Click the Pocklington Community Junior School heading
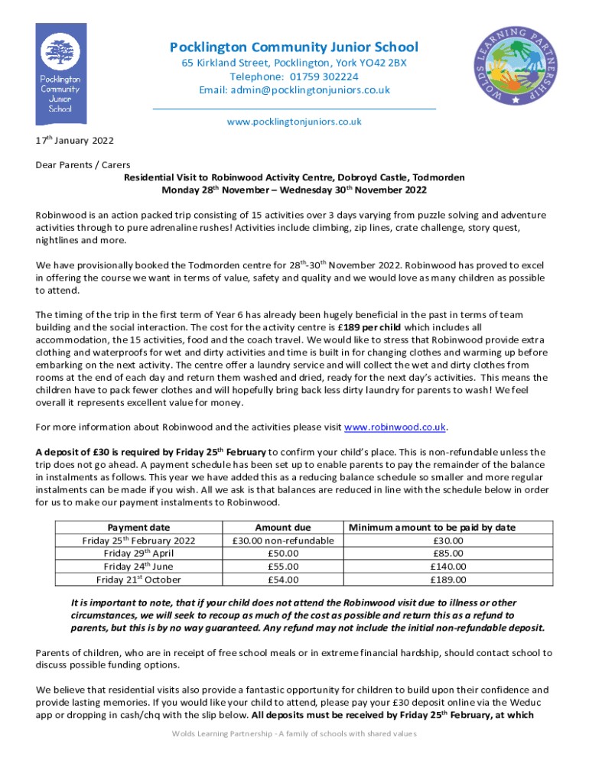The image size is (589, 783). pos(294,47)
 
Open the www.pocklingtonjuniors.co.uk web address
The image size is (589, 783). pos(294,122)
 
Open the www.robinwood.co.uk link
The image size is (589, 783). pos(395,427)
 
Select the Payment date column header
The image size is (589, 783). pos(138,528)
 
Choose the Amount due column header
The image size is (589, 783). pos(282,528)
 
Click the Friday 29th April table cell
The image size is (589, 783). pos(138,554)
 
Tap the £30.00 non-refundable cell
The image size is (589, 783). pos(282,541)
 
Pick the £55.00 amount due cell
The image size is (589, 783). pos(282,567)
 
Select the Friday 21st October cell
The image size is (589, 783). pos(138,580)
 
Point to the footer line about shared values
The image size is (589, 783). pos(294,733)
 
